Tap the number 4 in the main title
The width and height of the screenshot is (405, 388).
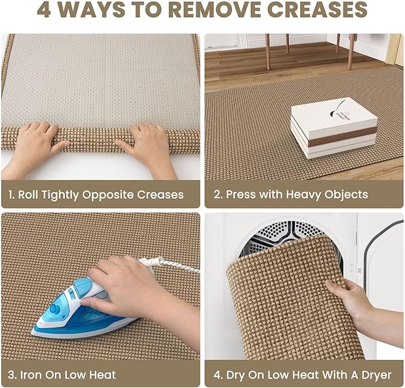pyautogui.click(x=44, y=10)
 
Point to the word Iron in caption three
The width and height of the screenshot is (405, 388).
pyautogui.click(x=31, y=375)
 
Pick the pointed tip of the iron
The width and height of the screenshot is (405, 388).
pyautogui.click(x=33, y=332)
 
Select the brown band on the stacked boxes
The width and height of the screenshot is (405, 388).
pyautogui.click(x=342, y=139)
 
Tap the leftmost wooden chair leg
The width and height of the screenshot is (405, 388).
pyautogui.click(x=268, y=52)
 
